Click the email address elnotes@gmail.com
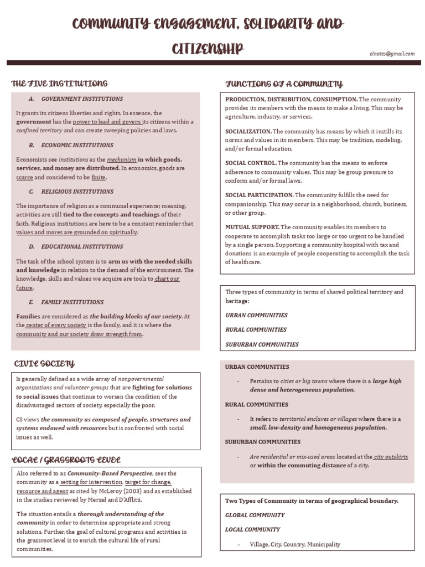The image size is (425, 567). tap(392, 54)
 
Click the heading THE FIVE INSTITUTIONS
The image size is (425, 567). tap(59, 84)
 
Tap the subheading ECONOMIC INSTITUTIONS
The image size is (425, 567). tap(77, 145)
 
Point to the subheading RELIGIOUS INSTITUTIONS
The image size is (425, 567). tap(77, 192)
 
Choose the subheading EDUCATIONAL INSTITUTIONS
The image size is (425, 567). tap(82, 246)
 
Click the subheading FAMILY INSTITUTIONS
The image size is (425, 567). tap(72, 302)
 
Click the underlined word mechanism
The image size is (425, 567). tap(121, 159)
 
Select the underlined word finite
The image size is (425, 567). tap(99, 177)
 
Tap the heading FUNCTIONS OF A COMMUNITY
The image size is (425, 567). tap(284, 84)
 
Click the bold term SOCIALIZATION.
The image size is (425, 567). tap(248, 131)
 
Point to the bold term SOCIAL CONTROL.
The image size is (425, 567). tap(251, 163)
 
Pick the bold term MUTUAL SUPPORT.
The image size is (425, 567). tap(252, 227)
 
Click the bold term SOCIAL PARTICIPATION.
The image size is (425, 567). tap(259, 195)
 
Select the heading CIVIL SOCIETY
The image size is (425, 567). tap(44, 363)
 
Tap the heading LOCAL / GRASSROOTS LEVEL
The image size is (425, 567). tap(66, 460)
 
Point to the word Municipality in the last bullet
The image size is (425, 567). tap(324, 544)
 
